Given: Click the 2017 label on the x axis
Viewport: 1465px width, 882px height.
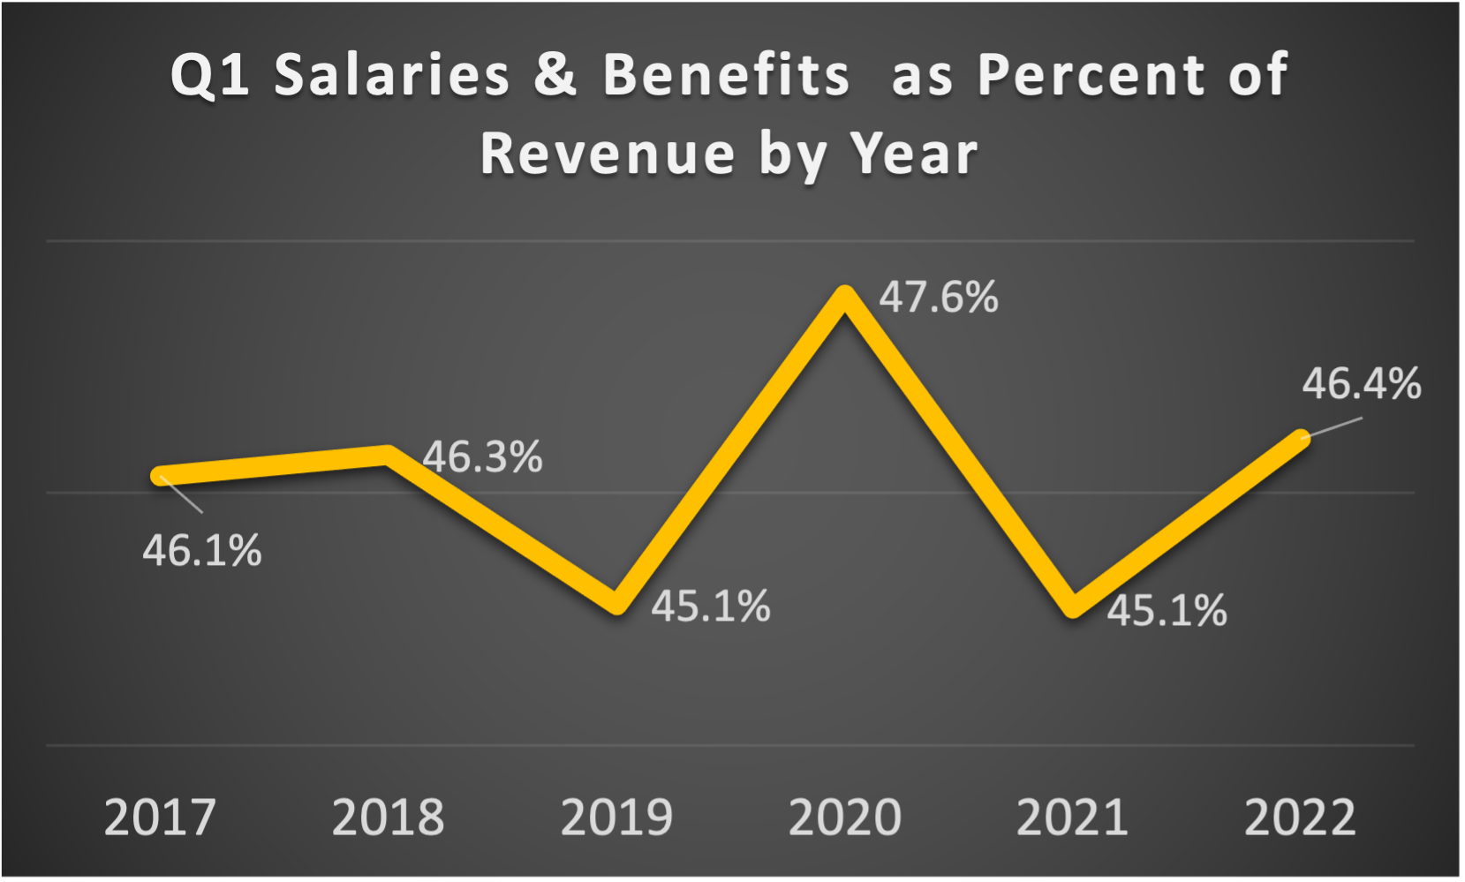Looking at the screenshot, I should pos(160,818).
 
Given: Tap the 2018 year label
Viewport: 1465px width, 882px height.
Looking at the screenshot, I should pos(388,818).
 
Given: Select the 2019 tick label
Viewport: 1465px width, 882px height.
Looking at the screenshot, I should pos(616,818).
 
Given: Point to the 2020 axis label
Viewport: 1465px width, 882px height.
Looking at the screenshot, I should pos(844,818).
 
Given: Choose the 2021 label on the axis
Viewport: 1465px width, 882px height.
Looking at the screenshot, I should pos(1072,818).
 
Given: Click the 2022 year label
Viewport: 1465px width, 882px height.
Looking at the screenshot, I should pos(1300,818).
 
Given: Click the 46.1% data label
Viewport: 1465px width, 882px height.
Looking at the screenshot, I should pos(202,551).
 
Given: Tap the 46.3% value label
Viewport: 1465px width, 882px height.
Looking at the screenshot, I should pos(482,457).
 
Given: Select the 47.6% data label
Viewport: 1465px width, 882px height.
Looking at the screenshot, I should pos(939,298).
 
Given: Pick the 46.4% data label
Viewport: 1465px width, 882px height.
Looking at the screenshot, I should pos(1362,384).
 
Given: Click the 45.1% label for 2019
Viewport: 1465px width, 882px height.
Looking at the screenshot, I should pos(711,607).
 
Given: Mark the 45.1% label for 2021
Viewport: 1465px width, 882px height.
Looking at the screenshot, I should pos(1167,611).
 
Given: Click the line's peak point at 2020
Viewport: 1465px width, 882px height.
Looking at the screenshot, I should pos(845,295).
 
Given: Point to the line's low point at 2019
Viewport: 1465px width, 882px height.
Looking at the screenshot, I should pos(617,606).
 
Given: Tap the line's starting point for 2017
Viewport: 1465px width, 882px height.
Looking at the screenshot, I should pos(159,476).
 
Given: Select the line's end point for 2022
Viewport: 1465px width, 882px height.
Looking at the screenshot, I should pos(1302,437).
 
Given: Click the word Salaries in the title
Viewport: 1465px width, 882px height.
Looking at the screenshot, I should pos(392,74).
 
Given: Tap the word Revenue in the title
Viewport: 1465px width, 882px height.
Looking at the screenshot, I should pos(607,154).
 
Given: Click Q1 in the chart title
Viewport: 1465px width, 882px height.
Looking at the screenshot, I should pos(209,74).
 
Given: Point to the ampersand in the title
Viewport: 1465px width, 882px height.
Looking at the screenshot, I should pos(555,74).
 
